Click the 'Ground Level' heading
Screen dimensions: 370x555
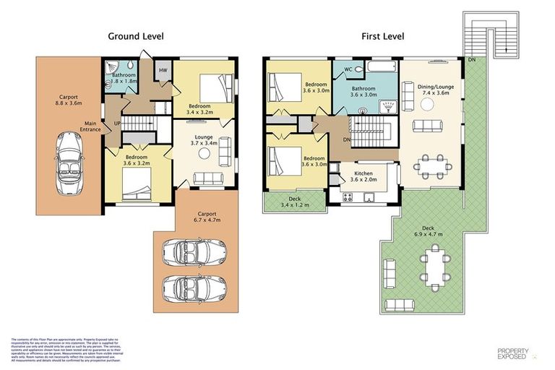136,35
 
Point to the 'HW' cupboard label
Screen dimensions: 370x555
163,70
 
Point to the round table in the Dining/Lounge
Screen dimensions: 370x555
427,103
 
